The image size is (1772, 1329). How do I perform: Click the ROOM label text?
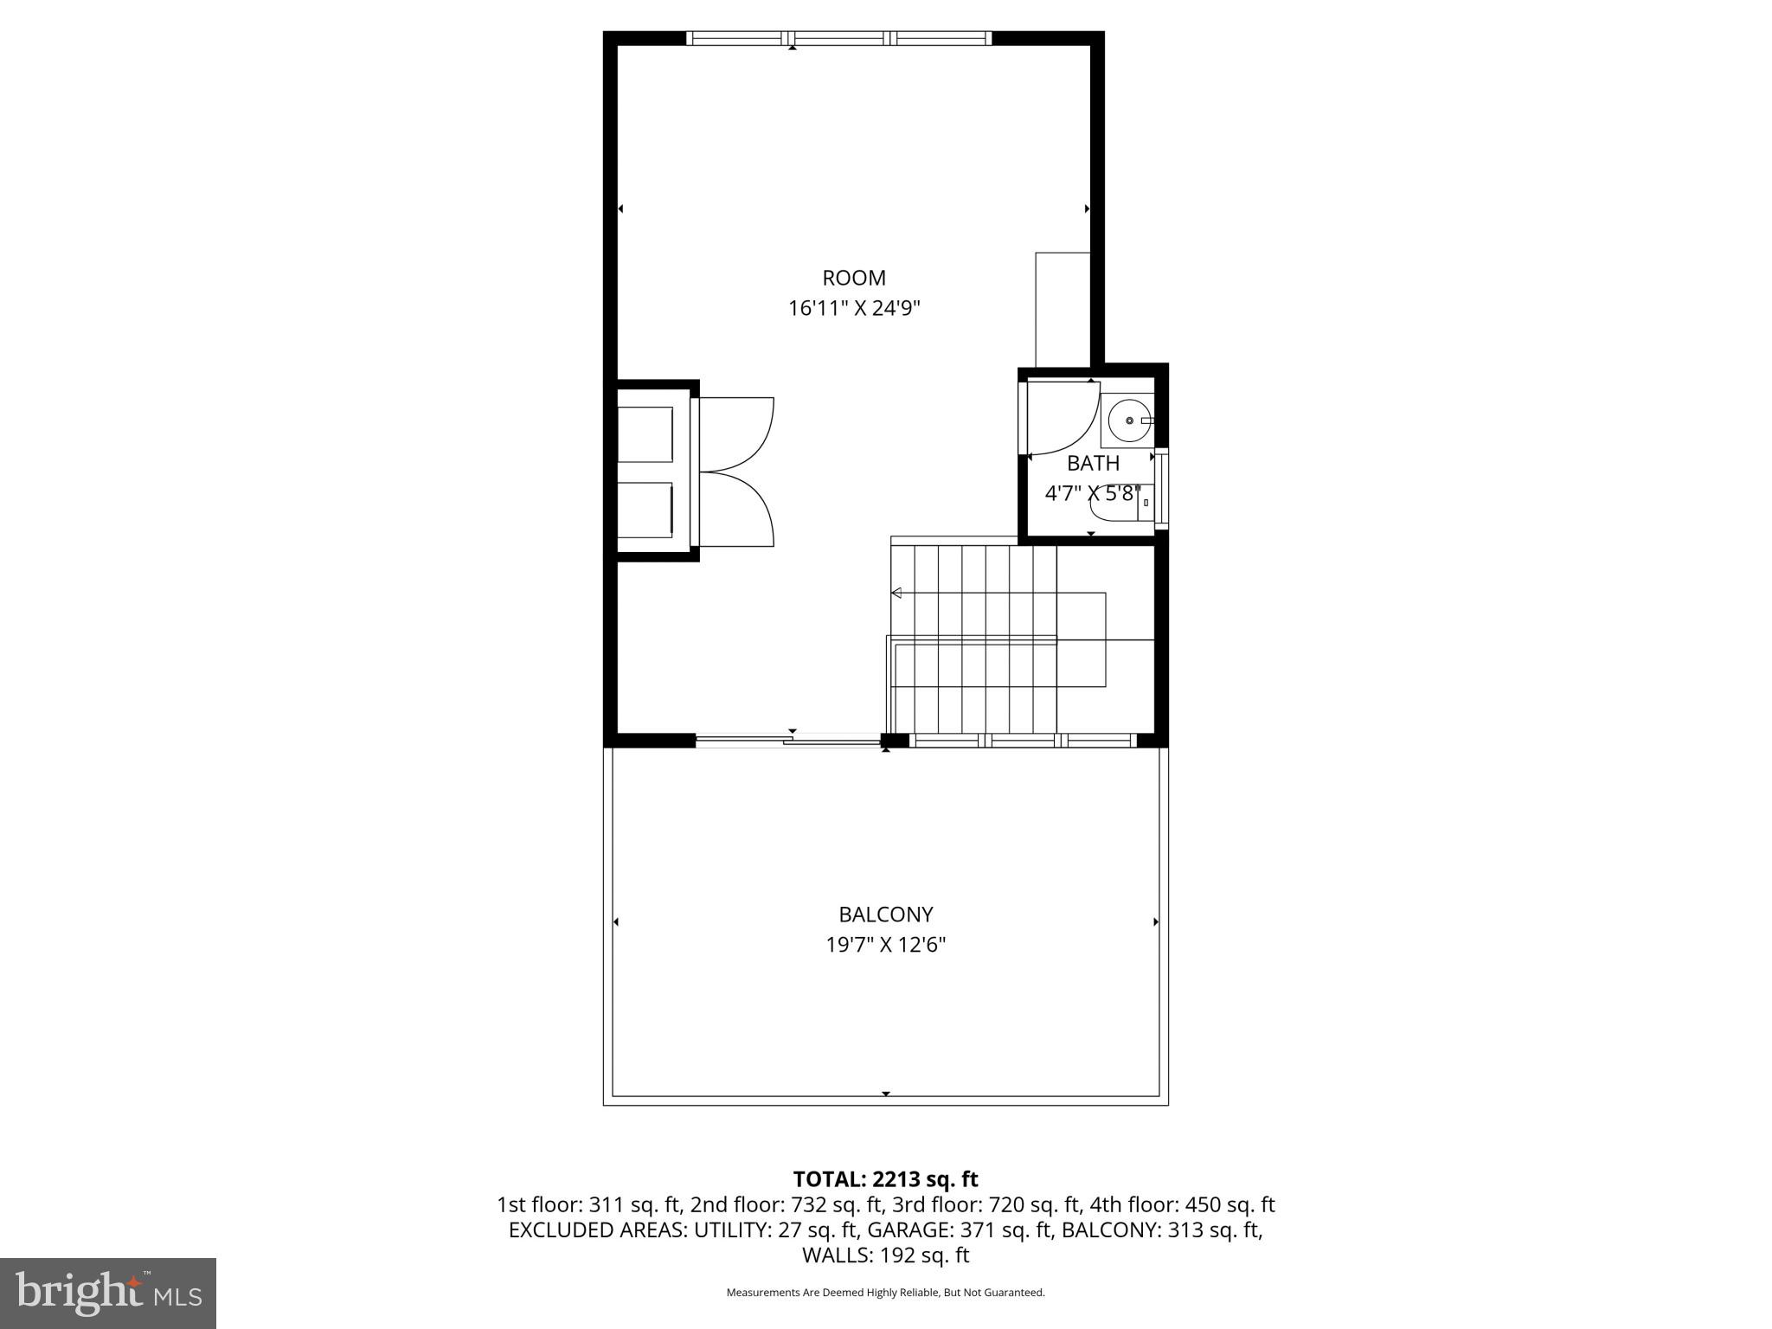click(x=853, y=278)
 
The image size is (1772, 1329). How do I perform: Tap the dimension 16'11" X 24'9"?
click(x=853, y=309)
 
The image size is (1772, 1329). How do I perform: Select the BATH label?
click(x=1093, y=463)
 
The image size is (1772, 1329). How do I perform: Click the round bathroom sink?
click(x=1129, y=421)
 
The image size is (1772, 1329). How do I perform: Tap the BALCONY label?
click(x=885, y=915)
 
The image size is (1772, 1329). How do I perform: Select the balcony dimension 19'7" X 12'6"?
click(x=885, y=945)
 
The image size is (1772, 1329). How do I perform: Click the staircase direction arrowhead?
click(x=897, y=593)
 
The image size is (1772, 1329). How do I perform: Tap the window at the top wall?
click(x=838, y=38)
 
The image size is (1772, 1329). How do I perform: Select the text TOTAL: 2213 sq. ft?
click(x=885, y=1179)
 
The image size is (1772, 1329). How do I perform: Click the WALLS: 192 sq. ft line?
click(x=885, y=1255)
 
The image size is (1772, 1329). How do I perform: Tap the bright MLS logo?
click(x=108, y=1293)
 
